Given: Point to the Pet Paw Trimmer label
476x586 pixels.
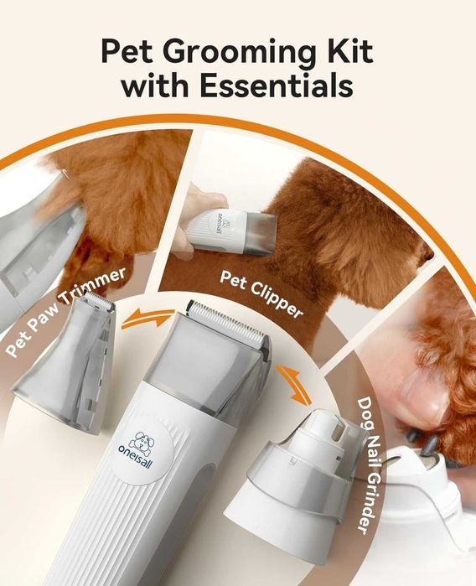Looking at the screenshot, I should [65, 312].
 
